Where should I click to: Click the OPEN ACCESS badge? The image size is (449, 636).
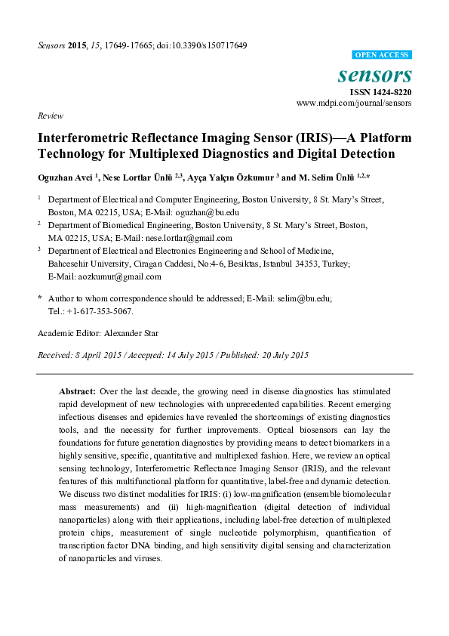tap(382, 55)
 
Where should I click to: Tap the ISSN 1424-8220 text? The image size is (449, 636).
tap(382, 92)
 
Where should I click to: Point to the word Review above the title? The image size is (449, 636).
tap(49, 116)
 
